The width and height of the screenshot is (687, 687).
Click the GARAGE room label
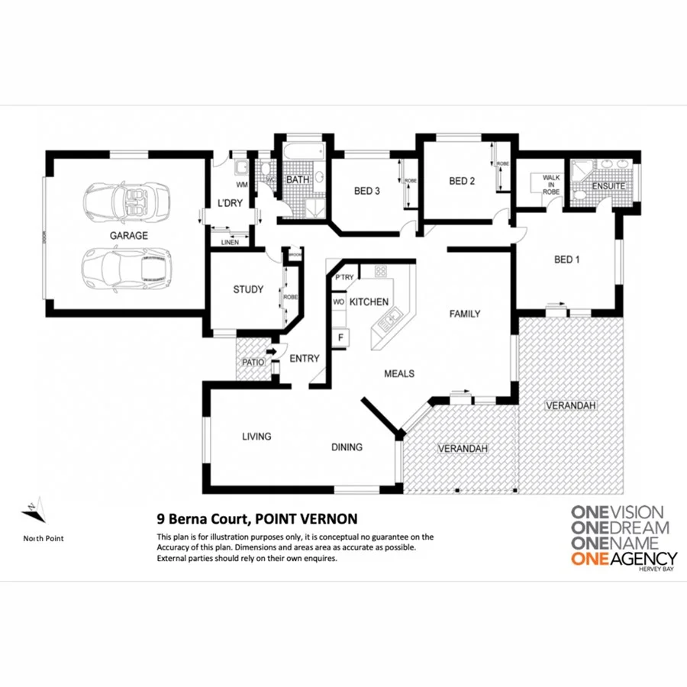pos(128,236)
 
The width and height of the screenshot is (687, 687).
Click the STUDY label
pos(248,289)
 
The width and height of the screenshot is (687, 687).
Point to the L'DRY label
pos(231,203)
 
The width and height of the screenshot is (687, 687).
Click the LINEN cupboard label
pos(230,242)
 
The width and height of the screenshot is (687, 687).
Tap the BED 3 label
pos(367,191)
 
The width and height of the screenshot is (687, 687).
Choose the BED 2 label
pos(462,181)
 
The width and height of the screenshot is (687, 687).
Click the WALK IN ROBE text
pos(551,185)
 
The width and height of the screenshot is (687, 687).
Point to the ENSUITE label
pos(609,185)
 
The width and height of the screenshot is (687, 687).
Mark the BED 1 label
pos(566,260)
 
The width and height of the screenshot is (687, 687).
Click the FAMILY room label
pos(464,314)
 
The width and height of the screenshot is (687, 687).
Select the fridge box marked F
pos(340,336)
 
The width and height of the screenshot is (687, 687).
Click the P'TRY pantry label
pos(344,277)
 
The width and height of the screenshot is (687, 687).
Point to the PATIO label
pos(253,363)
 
